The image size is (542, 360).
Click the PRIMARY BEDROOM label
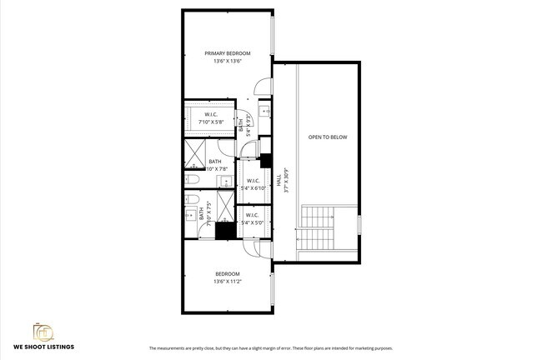(x=228, y=53)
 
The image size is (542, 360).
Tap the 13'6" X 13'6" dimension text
(x=228, y=61)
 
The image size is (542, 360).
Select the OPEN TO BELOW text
(x=327, y=137)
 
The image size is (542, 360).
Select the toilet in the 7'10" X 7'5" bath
(x=191, y=200)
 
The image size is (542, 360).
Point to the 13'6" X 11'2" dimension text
(x=228, y=282)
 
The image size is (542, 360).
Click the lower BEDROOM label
(x=228, y=274)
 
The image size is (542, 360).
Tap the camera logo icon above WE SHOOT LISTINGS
(x=42, y=331)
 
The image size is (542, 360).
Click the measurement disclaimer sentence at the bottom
(x=270, y=347)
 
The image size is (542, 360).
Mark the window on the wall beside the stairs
(x=359, y=225)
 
